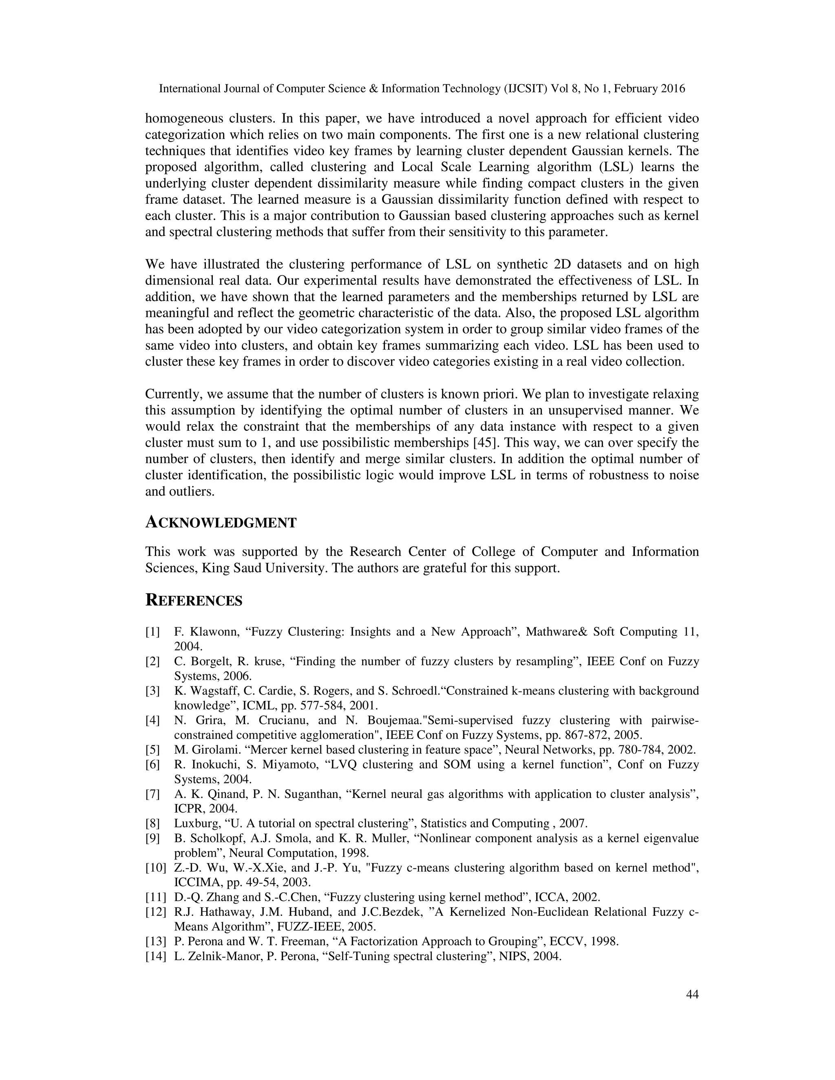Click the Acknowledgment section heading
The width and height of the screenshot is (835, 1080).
click(x=221, y=523)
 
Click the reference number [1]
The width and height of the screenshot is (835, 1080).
click(x=152, y=632)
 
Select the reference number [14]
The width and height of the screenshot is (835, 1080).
click(x=155, y=957)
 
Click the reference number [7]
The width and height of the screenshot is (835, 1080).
click(x=152, y=794)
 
